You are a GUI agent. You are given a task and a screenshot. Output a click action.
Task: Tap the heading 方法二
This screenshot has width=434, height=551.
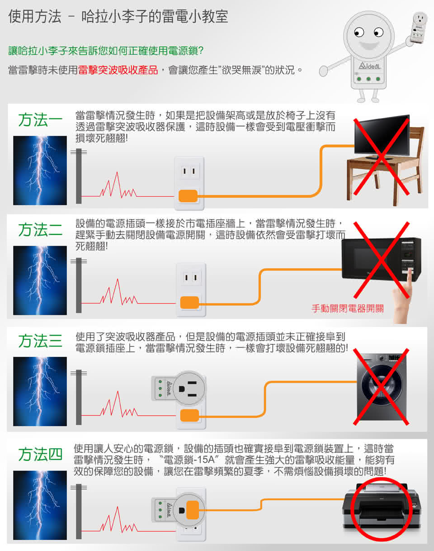[40, 229]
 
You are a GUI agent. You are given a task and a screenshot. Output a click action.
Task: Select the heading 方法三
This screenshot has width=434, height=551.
[40, 341]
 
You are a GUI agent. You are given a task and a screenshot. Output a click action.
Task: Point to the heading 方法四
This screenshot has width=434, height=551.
[40, 454]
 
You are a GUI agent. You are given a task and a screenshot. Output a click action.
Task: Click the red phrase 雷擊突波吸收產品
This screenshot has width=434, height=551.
[118, 70]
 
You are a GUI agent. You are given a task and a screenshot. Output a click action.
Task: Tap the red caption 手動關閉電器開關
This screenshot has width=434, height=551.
[348, 308]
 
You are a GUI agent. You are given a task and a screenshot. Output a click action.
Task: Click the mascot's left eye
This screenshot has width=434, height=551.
[359, 32]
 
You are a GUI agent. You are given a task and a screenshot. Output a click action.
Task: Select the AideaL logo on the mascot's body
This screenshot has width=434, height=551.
[369, 66]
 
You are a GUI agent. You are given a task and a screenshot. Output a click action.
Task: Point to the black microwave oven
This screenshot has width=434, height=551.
[381, 259]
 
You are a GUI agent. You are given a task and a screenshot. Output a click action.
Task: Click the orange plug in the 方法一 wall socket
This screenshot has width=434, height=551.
[188, 196]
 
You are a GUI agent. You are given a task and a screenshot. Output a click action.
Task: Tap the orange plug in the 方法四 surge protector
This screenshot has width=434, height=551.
[193, 510]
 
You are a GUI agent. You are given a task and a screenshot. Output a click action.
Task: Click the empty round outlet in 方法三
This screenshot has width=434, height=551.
[189, 388]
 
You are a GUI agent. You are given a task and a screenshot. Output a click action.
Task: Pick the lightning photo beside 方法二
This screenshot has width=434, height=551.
[40, 280]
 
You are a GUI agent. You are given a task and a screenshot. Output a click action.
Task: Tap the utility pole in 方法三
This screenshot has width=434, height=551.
[79, 397]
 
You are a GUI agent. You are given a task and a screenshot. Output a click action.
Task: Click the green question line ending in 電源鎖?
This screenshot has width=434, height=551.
[106, 51]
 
